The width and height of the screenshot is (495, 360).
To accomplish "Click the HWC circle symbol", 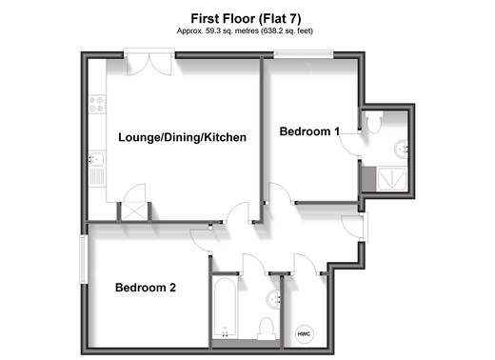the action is (x=304, y=334).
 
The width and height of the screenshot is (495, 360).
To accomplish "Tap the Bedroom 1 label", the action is (x=309, y=131).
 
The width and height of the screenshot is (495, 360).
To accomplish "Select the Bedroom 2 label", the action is (x=146, y=288).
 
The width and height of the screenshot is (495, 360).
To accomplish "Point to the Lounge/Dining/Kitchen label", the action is (x=182, y=137).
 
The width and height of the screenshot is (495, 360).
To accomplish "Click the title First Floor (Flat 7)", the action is (x=246, y=19).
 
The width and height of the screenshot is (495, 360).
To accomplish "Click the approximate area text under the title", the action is (x=245, y=31).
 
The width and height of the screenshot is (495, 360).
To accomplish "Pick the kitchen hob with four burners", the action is (x=97, y=104).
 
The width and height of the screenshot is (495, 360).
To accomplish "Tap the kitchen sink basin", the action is (x=96, y=159).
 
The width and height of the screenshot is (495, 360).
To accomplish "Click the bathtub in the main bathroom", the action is (x=225, y=308).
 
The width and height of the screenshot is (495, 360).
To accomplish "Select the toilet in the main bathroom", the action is (x=267, y=329).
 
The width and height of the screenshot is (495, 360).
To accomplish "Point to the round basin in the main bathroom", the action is (x=273, y=299).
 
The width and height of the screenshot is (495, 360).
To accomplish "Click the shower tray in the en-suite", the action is (x=392, y=179).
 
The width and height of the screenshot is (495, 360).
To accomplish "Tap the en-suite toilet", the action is (x=374, y=122).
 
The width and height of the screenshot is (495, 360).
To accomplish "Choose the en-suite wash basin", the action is (x=401, y=149).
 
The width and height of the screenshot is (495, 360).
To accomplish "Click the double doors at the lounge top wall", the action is (x=149, y=62).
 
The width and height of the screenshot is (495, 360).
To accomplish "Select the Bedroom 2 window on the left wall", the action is (x=84, y=259).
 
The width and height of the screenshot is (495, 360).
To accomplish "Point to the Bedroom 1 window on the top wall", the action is (x=304, y=54).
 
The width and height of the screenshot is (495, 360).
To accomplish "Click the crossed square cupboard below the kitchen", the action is (x=134, y=210).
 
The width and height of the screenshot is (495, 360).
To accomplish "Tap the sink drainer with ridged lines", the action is (x=97, y=176).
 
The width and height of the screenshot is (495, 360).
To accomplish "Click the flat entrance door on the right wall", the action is (x=355, y=226).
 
